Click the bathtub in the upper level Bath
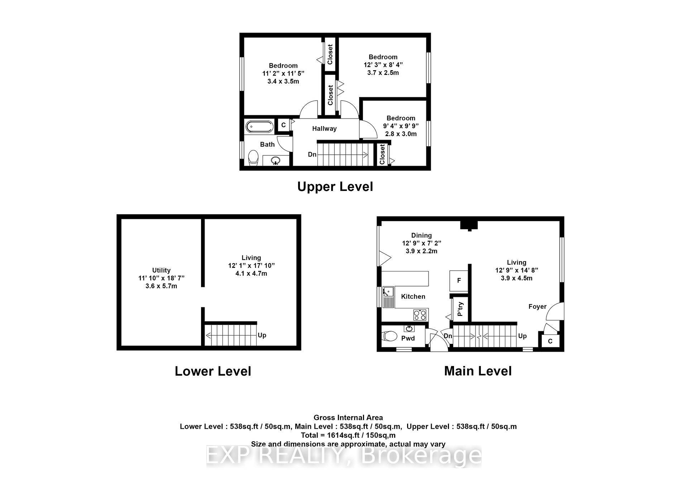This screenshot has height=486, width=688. (259, 126)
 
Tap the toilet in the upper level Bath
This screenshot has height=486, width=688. (253, 158)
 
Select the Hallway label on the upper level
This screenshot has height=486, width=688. (324, 129)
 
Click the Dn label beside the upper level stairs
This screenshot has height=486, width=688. (312, 154)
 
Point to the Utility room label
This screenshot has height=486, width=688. (161, 270)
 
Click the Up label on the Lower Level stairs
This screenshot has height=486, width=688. (262, 335)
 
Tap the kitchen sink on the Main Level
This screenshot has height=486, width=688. (388, 297)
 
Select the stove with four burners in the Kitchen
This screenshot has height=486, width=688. (420, 314)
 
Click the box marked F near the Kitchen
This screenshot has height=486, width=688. (459, 281)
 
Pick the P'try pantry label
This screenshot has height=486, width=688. (460, 309)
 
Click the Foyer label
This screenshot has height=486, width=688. (537, 307)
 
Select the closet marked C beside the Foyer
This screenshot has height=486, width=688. (550, 341)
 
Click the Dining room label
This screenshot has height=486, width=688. (421, 235)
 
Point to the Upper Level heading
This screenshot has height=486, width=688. (335, 187)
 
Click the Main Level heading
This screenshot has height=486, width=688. (478, 371)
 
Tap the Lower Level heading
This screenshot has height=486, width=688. (213, 371)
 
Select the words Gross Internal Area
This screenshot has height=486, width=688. (348, 418)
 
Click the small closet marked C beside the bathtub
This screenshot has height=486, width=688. (283, 125)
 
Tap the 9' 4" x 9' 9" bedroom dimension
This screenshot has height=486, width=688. (401, 126)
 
